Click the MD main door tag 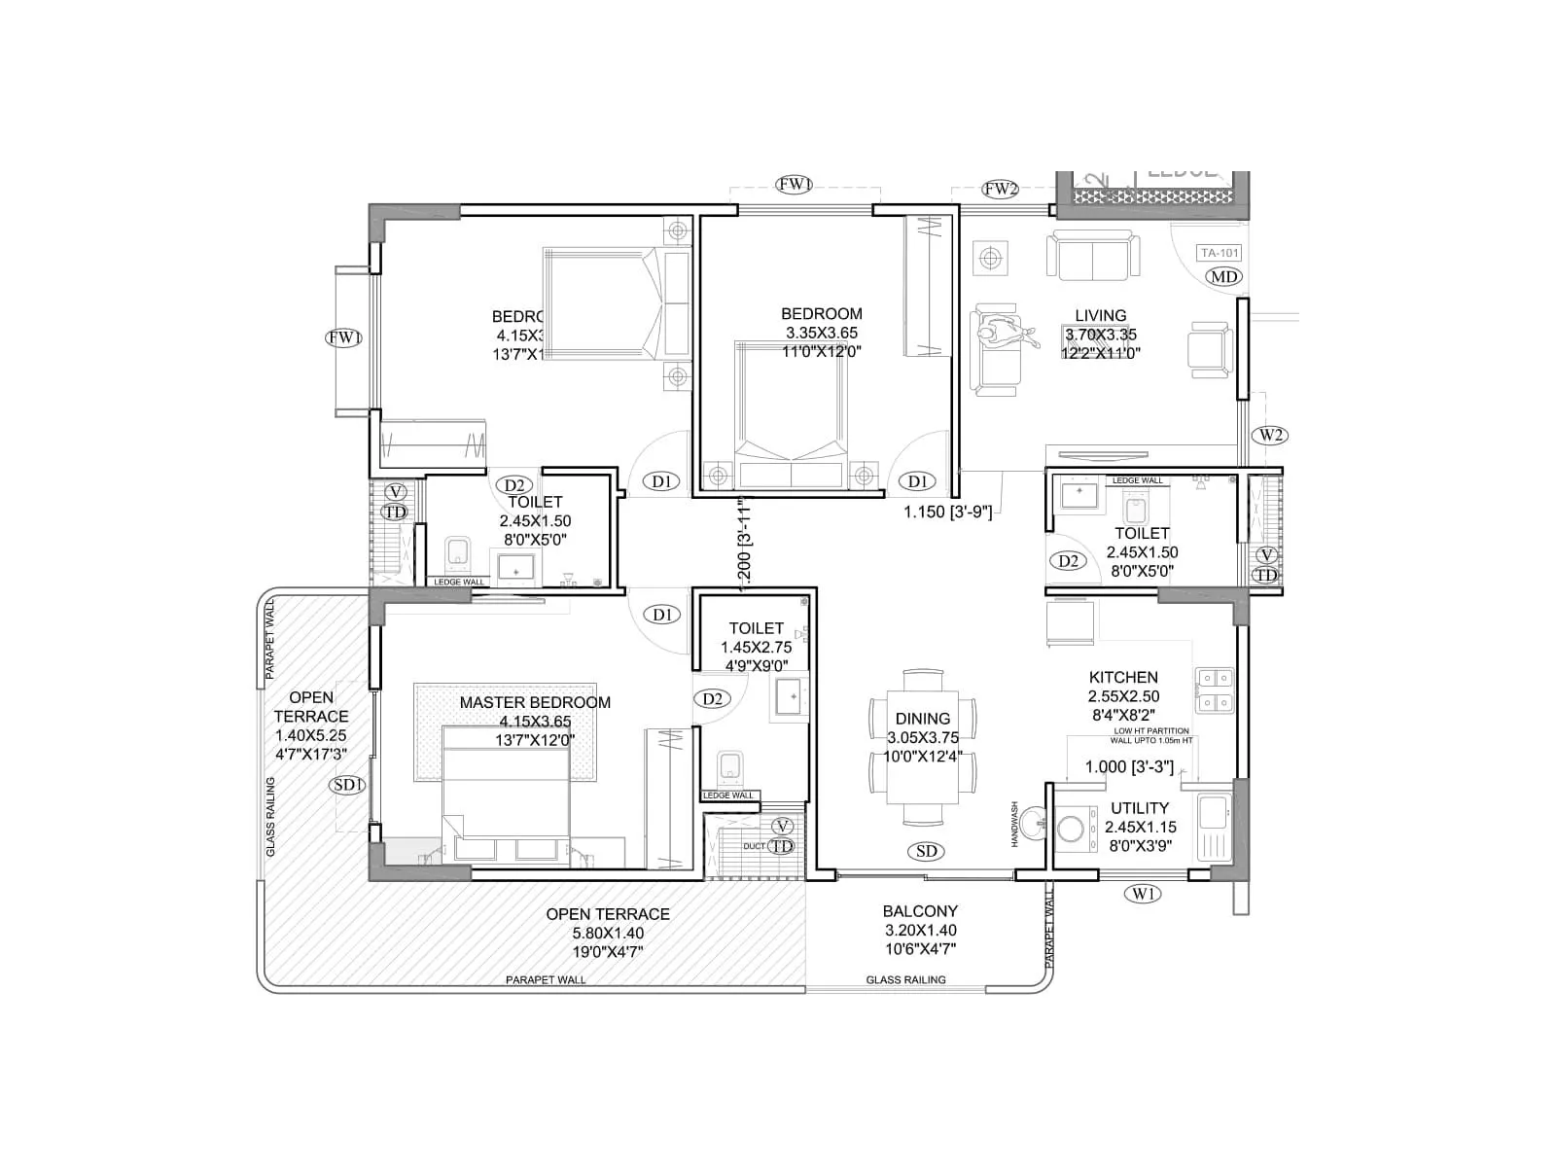point(1223,277)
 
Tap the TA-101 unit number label point(1220,253)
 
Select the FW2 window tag point(1000,190)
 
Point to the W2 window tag point(1270,435)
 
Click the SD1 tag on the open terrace point(347,785)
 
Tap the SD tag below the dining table point(927,852)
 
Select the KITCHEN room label point(1123,678)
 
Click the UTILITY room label point(1140,808)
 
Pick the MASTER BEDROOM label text point(535,702)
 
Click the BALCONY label point(920,911)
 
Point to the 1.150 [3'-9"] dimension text point(948,512)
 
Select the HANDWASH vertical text point(1014,824)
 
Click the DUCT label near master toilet point(754,846)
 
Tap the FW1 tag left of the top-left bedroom point(345,338)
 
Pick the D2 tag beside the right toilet point(1068,561)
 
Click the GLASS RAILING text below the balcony point(905,980)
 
